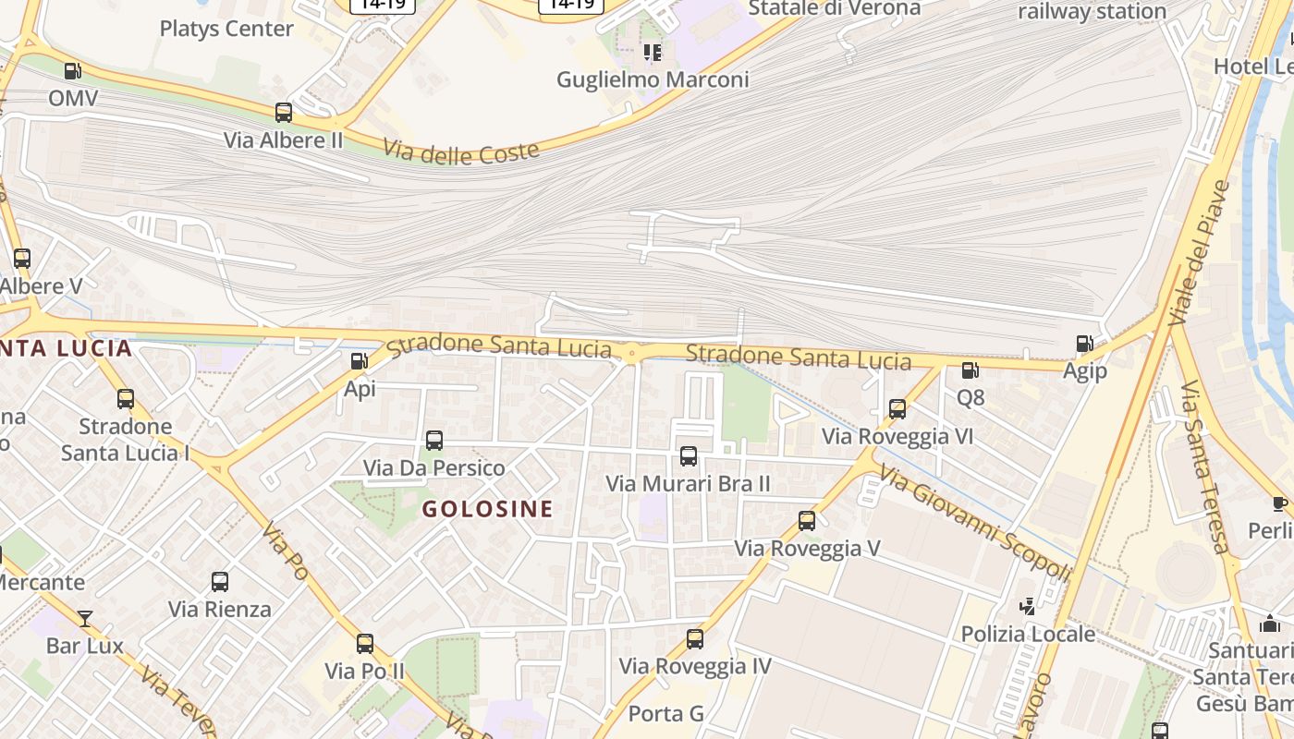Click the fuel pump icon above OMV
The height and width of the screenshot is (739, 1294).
click(72, 70)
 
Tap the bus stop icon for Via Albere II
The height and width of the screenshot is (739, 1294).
click(284, 113)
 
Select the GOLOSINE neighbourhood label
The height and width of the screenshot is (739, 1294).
click(487, 508)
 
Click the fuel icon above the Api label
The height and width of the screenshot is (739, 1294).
click(359, 362)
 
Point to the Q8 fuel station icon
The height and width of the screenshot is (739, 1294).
click(970, 370)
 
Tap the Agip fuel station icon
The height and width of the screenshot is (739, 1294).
click(1084, 344)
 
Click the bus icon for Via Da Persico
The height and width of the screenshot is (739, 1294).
click(434, 441)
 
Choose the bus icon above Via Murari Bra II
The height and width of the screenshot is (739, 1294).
click(688, 455)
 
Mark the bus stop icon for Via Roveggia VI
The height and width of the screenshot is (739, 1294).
click(897, 408)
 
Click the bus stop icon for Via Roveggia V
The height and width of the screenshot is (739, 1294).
click(807, 521)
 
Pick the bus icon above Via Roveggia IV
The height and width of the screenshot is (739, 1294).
click(694, 638)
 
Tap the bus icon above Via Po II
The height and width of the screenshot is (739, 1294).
click(365, 643)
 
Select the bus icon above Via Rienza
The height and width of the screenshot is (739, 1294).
click(219, 582)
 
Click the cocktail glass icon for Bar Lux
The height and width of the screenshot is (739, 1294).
click(85, 618)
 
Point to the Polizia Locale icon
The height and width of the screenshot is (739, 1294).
click(1027, 606)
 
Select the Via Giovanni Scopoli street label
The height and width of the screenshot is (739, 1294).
click(974, 523)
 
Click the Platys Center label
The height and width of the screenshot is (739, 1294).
click(226, 29)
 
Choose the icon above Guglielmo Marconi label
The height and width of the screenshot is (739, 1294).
click(653, 53)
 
